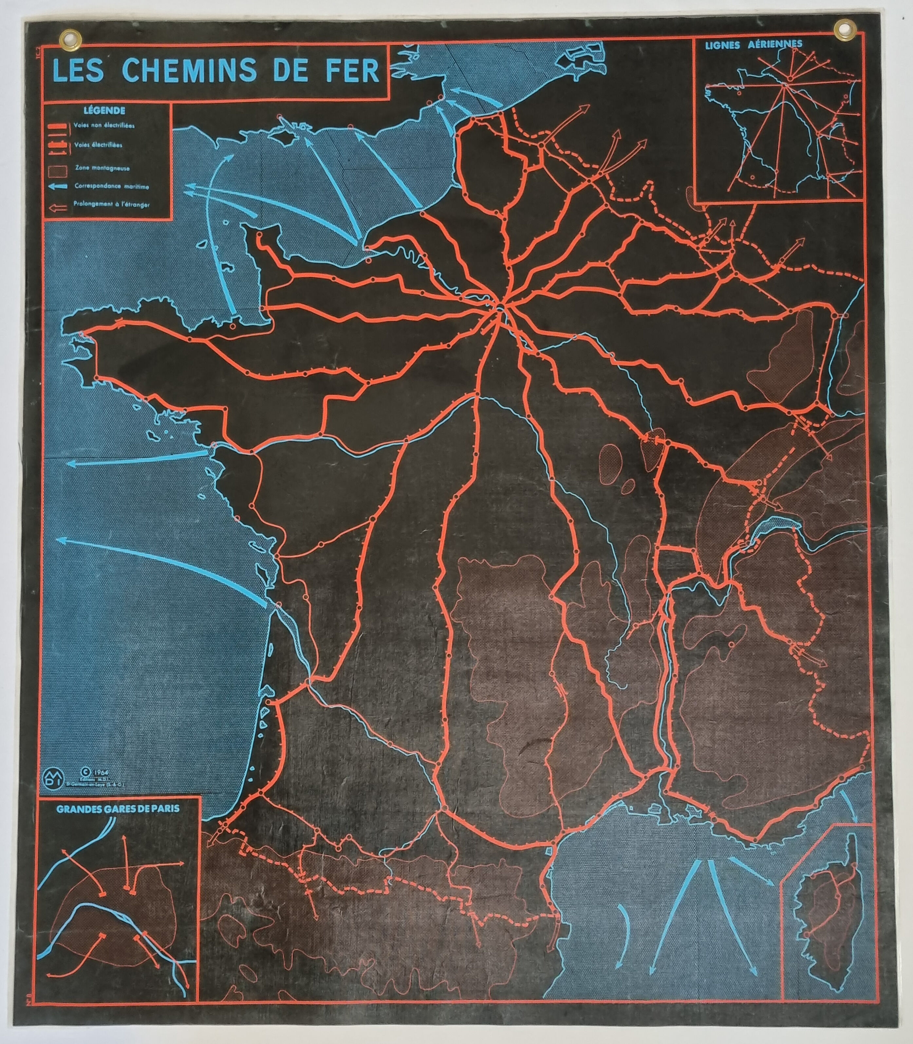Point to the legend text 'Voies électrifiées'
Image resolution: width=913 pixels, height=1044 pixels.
[x=98, y=145]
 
